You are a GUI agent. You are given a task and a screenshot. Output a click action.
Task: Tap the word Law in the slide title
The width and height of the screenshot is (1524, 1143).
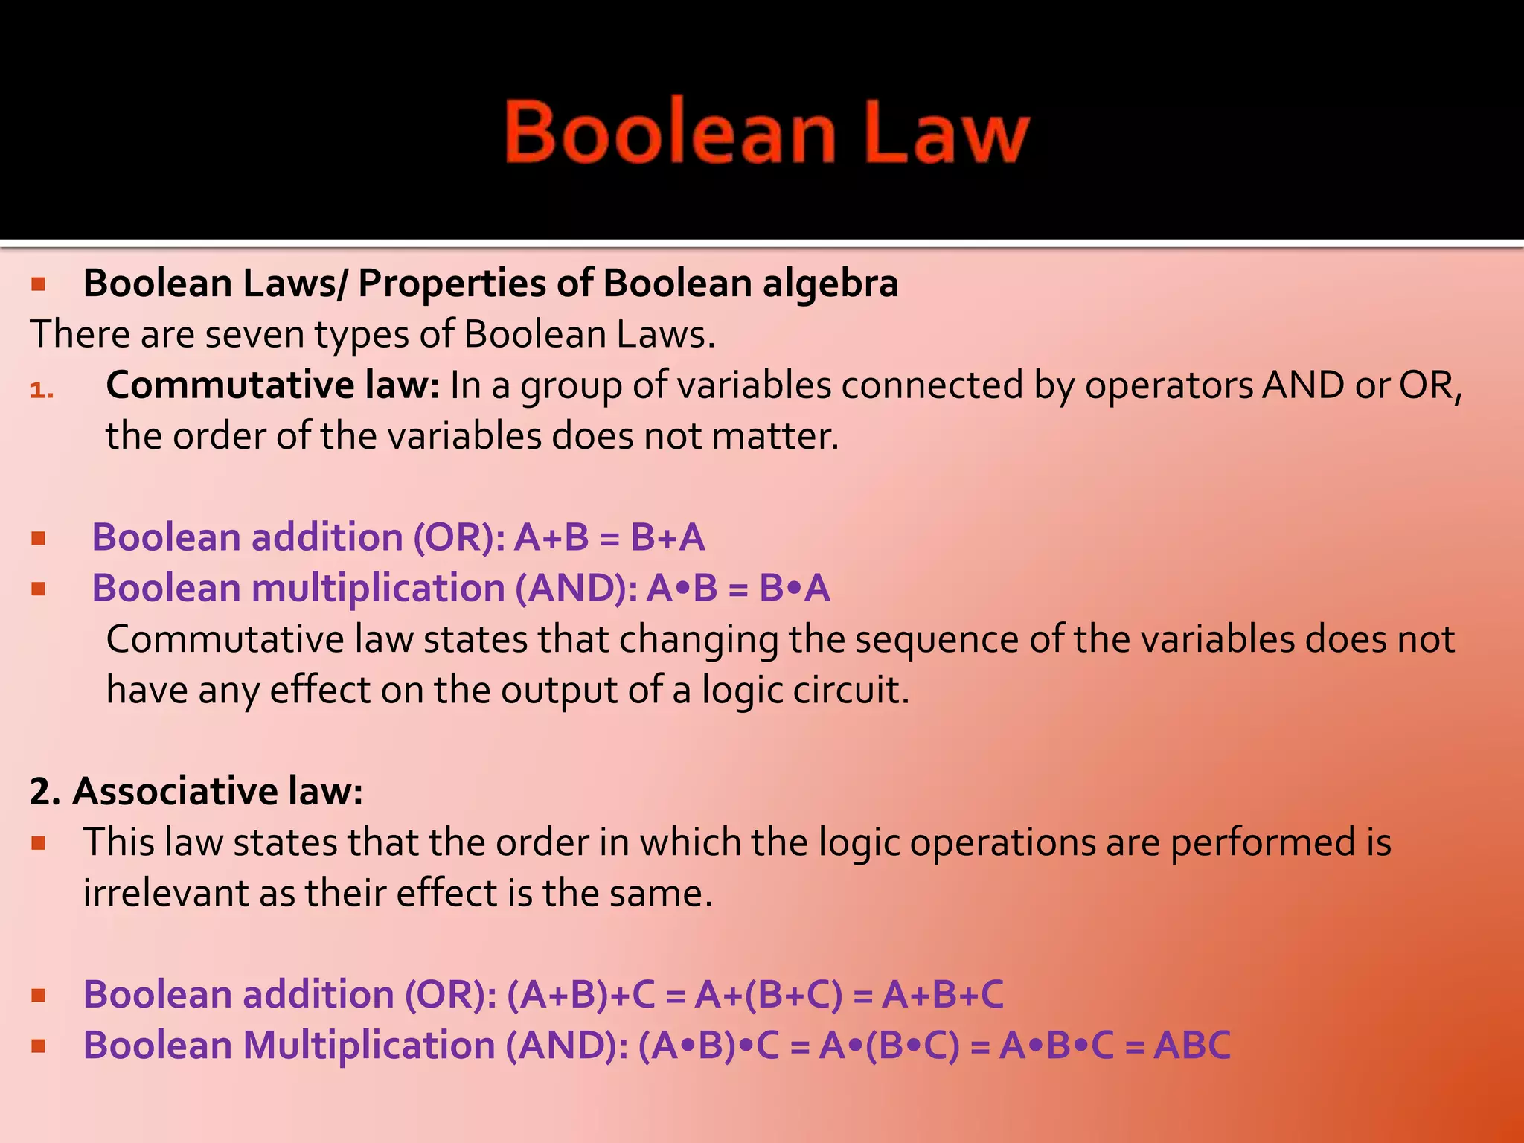coord(947,134)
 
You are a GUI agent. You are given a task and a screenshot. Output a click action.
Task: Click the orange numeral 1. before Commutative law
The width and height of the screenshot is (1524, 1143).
coord(42,389)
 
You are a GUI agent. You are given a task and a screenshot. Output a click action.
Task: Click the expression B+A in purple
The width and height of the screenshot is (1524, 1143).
coord(667,537)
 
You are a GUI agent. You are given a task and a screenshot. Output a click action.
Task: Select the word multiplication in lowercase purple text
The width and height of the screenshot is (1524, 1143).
coord(378,589)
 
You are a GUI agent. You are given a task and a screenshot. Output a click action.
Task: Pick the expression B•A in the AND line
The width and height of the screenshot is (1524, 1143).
coord(794,589)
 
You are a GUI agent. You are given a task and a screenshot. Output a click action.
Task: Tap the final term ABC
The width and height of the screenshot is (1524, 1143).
coord(1192,1046)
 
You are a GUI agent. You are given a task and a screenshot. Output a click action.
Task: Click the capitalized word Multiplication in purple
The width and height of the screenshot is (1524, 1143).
coord(369,1046)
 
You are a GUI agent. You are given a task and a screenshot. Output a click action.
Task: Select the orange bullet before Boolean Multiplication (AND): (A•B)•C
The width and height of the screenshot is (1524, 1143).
coord(39,1046)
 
